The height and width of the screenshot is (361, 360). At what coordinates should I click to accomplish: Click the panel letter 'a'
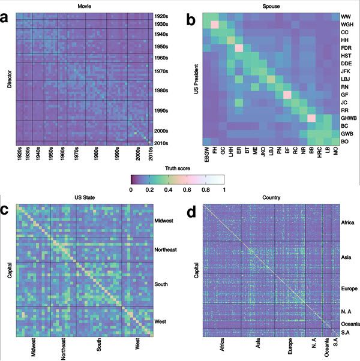5,19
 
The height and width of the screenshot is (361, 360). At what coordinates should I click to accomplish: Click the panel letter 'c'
5,211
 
